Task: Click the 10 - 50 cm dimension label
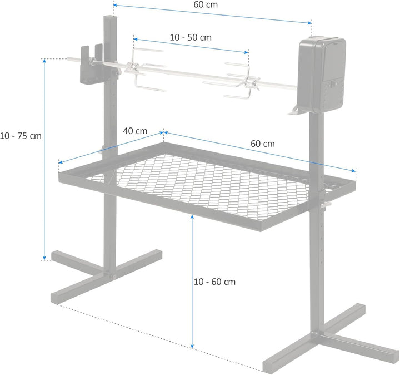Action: pyautogui.click(x=191, y=37)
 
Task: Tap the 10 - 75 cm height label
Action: pyautogui.click(x=21, y=135)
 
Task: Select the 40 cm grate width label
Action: pyautogui.click(x=135, y=131)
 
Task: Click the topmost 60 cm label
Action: pyautogui.click(x=206, y=5)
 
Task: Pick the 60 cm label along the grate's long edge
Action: pyautogui.click(x=263, y=144)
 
